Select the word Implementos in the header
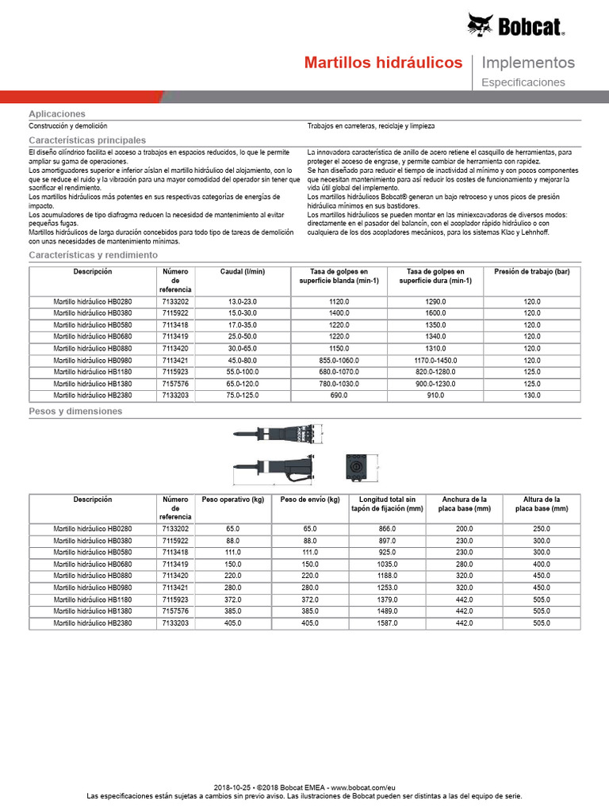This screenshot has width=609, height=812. [x=528, y=63]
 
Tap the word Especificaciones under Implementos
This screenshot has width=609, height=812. [x=523, y=82]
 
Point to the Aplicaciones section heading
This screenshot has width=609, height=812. [x=57, y=114]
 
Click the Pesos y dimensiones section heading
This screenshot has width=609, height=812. [x=75, y=412]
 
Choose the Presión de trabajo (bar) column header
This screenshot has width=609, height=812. [x=531, y=272]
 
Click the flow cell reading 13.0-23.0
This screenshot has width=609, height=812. [x=243, y=302]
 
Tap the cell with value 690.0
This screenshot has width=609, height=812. [x=339, y=395]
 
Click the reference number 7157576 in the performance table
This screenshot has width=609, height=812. [x=175, y=383]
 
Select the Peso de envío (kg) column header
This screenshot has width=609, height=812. [x=310, y=500]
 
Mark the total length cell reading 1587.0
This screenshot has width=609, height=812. [x=388, y=623]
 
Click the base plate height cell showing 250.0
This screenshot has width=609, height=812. [x=542, y=529]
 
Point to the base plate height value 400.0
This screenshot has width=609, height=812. [x=542, y=565]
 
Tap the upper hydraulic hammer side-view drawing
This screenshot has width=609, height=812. [x=271, y=434]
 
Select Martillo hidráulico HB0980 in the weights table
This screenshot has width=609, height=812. [x=93, y=588]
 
